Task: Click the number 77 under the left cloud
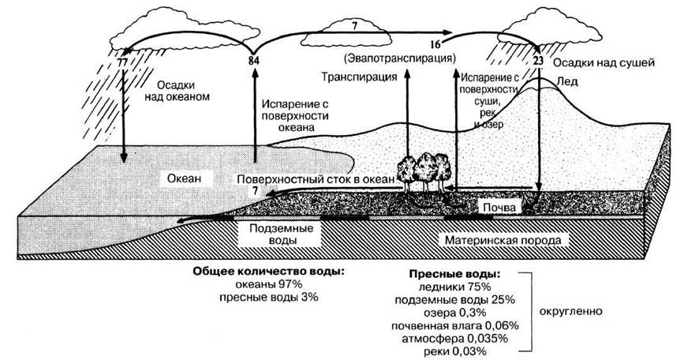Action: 121,61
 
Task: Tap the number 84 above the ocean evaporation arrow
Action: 254,61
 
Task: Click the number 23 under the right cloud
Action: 539,60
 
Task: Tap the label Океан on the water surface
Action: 185,178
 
